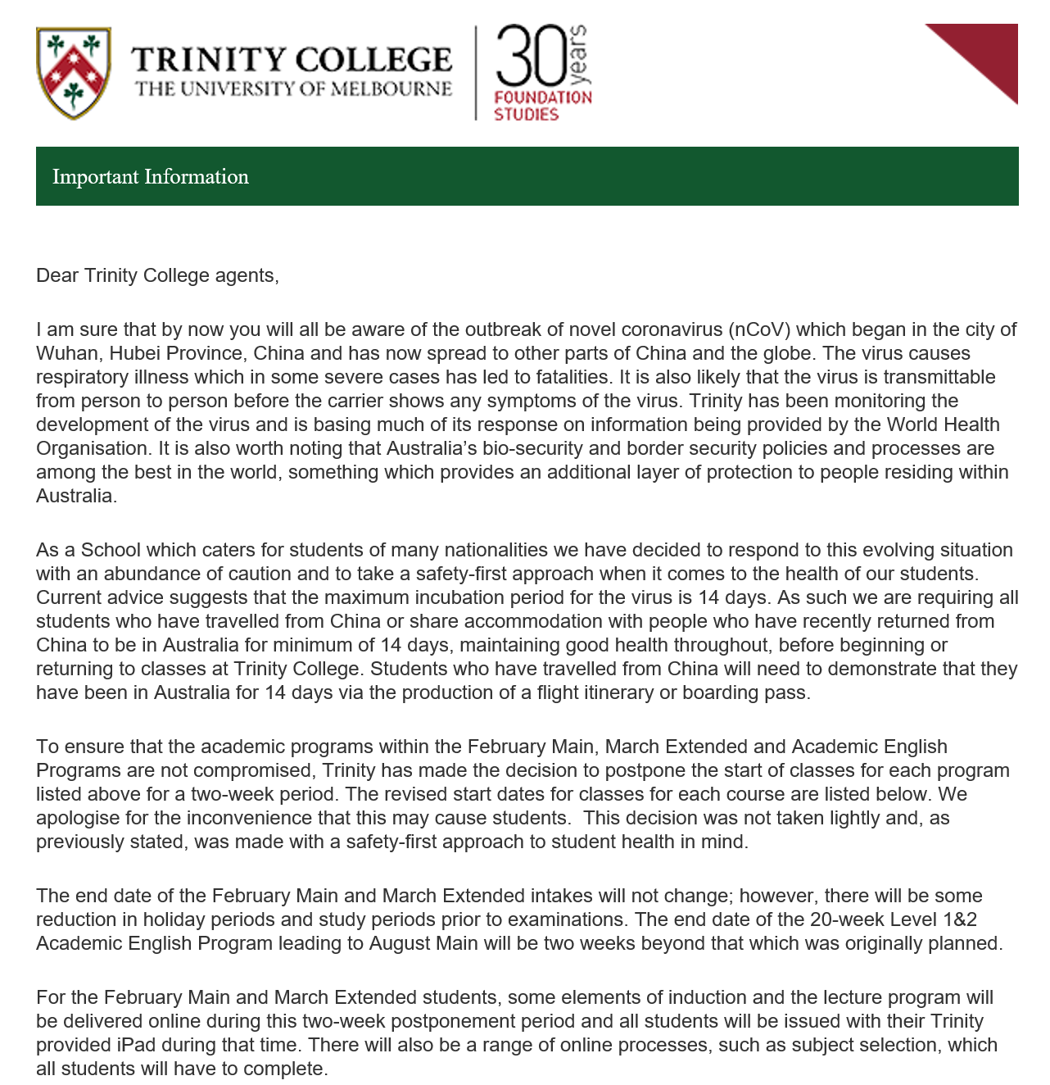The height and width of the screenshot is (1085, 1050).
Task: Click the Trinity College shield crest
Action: (74, 73)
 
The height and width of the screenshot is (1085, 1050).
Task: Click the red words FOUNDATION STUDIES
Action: (542, 106)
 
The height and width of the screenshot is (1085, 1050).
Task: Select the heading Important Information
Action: (151, 176)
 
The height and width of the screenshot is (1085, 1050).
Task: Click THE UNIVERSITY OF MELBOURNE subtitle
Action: (293, 89)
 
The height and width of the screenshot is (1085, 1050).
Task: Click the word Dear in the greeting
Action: (57, 275)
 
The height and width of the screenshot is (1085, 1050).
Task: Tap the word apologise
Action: (76, 818)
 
